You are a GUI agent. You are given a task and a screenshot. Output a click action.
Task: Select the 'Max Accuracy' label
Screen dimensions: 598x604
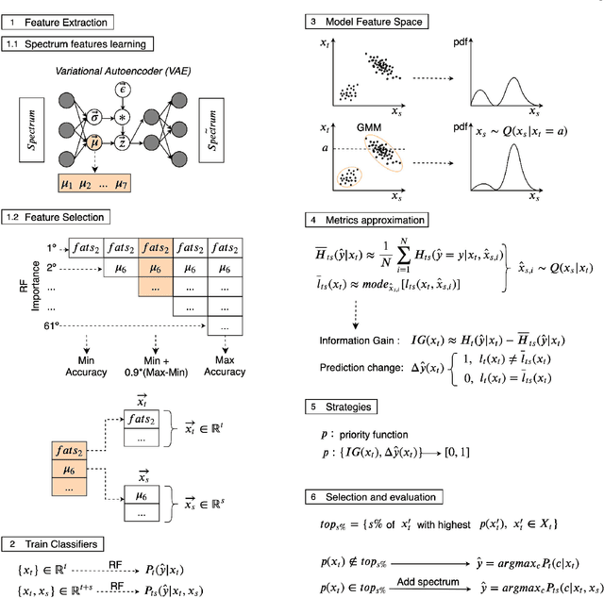tap(226, 365)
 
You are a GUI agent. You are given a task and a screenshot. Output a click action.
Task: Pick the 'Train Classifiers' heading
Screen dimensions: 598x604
tap(61, 544)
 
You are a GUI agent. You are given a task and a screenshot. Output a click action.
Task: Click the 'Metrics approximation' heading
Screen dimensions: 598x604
tap(379, 220)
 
